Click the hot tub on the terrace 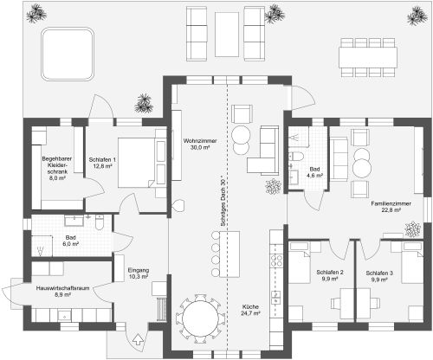click(68, 54)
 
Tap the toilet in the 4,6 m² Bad click(296, 157)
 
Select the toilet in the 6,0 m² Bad click(100, 222)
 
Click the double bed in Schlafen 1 click(138, 163)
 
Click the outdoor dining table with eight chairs click(368, 57)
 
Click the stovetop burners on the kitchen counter click(276, 260)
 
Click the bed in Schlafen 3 click(413, 262)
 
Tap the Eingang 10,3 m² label click(139, 273)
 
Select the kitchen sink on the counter click(276, 298)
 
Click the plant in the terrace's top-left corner click(36, 13)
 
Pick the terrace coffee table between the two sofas click(227, 35)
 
